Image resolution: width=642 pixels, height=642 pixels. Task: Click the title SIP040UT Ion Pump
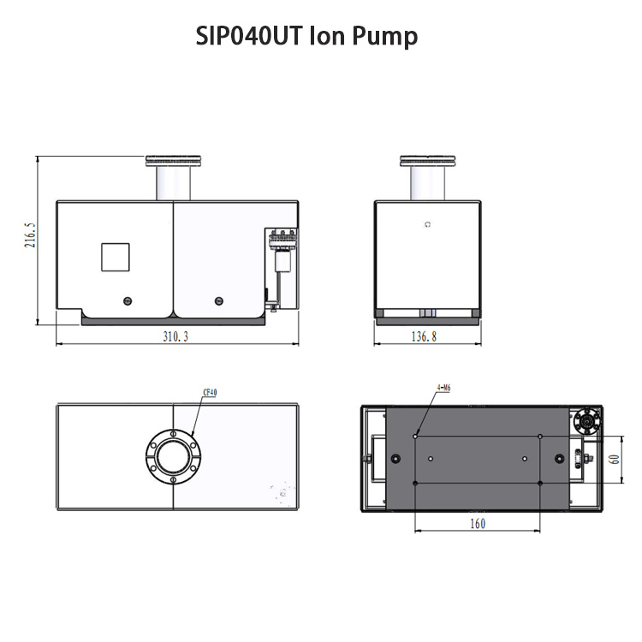[x=306, y=36]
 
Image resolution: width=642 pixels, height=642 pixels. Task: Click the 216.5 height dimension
[x=30, y=235]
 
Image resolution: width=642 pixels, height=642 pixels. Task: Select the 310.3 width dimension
[x=175, y=336]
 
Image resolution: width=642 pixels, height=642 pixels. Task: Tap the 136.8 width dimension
[x=424, y=336]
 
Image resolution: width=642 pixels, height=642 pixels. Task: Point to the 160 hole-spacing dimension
[x=478, y=523]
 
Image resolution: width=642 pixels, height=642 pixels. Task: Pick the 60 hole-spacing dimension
[x=615, y=459]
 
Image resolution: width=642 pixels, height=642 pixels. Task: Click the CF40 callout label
[x=210, y=392]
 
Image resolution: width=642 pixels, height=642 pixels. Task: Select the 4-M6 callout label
[x=443, y=387]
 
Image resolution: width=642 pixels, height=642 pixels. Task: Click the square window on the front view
[x=116, y=257]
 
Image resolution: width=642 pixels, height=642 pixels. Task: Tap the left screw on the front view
[x=128, y=301]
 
